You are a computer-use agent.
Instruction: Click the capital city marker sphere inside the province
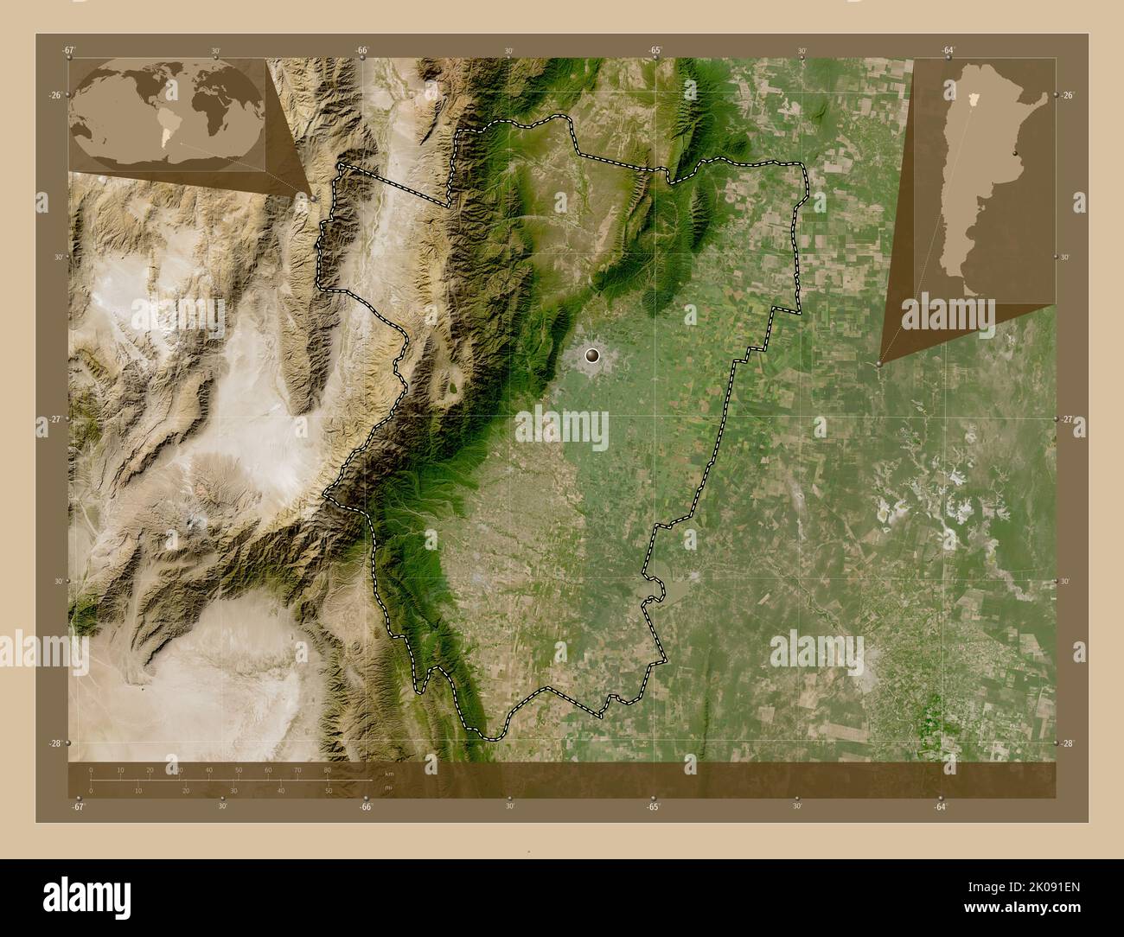[x=592, y=354]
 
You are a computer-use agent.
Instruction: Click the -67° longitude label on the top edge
[x=69, y=50]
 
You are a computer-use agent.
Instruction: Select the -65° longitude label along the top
[x=655, y=50]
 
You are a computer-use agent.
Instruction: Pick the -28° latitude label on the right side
[x=1069, y=743]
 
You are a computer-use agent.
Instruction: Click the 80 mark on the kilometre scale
[x=328, y=769]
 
